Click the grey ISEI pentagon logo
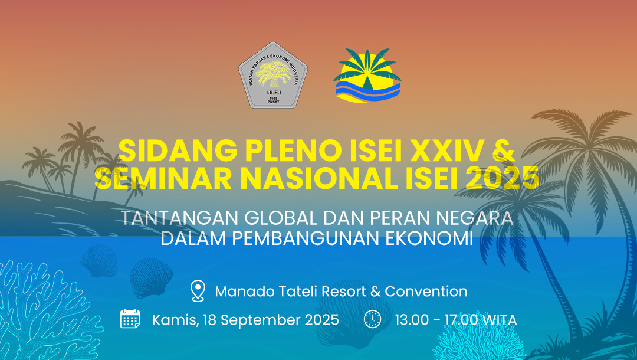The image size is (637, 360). click(x=273, y=76)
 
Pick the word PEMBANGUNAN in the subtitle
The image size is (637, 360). click(x=295, y=238)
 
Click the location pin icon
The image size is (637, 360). click(x=198, y=291)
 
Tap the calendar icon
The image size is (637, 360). click(x=130, y=319)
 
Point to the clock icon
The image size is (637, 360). click(x=372, y=319)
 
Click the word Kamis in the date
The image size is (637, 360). click(x=175, y=320)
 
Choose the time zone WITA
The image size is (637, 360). click(x=499, y=320)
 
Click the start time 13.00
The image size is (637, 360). click(x=411, y=320)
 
